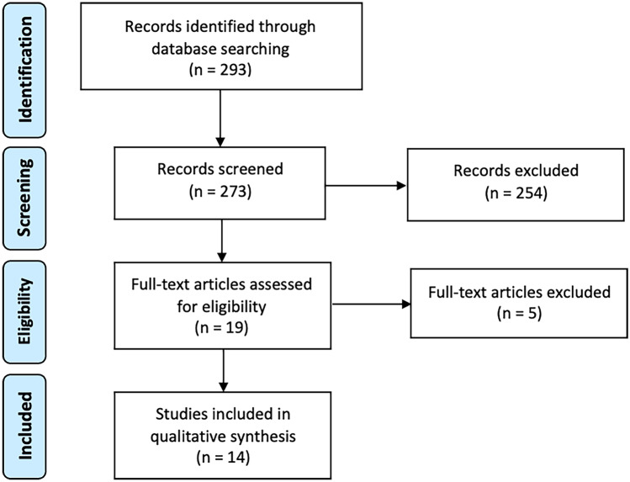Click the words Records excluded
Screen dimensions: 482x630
click(x=516, y=170)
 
